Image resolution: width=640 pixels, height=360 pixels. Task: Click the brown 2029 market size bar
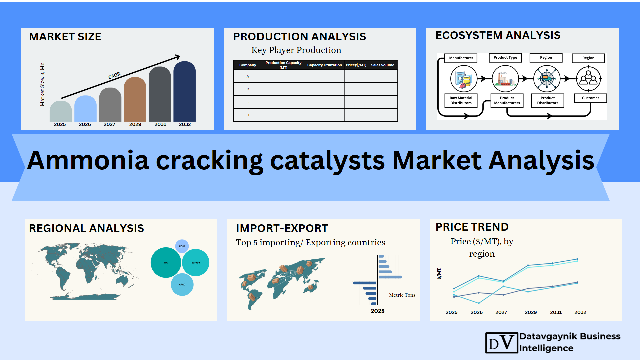(135, 100)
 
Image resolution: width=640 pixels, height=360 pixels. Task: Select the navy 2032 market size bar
(185, 92)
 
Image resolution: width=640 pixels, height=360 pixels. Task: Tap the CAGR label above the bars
(114, 76)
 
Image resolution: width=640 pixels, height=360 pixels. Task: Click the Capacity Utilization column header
(324, 65)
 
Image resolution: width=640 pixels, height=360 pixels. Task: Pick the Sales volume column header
(382, 65)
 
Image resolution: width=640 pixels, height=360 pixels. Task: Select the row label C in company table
(248, 102)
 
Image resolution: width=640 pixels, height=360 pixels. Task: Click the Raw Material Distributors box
(461, 100)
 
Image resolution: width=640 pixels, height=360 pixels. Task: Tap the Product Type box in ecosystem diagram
(505, 58)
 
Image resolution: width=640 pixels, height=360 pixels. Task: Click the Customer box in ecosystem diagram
(590, 98)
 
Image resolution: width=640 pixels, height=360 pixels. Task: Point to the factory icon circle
(505, 79)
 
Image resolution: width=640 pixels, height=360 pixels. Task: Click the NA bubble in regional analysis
(166, 263)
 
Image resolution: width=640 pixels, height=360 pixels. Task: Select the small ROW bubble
(182, 246)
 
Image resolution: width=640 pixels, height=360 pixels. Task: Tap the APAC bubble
(182, 285)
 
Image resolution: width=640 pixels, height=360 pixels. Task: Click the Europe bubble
(196, 263)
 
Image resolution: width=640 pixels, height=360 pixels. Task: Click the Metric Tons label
(402, 295)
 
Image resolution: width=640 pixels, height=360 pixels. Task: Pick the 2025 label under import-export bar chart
(378, 311)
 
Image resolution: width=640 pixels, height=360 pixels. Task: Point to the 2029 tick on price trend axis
(531, 312)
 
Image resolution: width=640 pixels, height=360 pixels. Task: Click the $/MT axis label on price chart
(439, 273)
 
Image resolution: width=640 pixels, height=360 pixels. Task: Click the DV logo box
(501, 343)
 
